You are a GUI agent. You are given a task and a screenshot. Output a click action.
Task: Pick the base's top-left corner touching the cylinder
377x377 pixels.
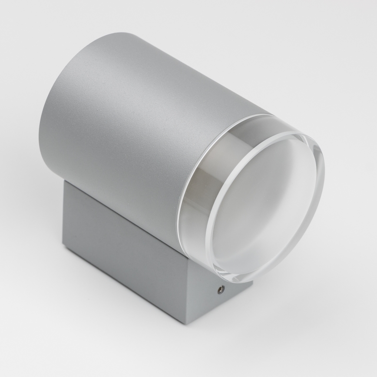click(x=65, y=182)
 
